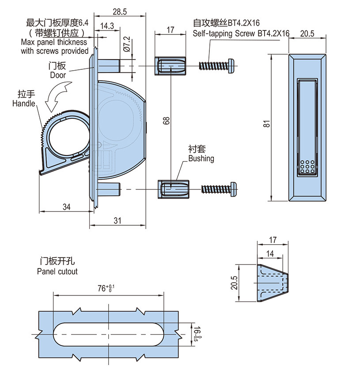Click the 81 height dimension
coord(266,125)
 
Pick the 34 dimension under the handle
coord(67,206)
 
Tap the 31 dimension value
coord(117,222)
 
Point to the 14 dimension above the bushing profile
coord(270,253)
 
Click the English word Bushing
coord(201,159)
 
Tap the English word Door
coord(58,75)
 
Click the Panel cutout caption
coord(57,271)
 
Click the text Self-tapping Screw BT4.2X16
coord(241,34)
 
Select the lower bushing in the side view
coord(172,189)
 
